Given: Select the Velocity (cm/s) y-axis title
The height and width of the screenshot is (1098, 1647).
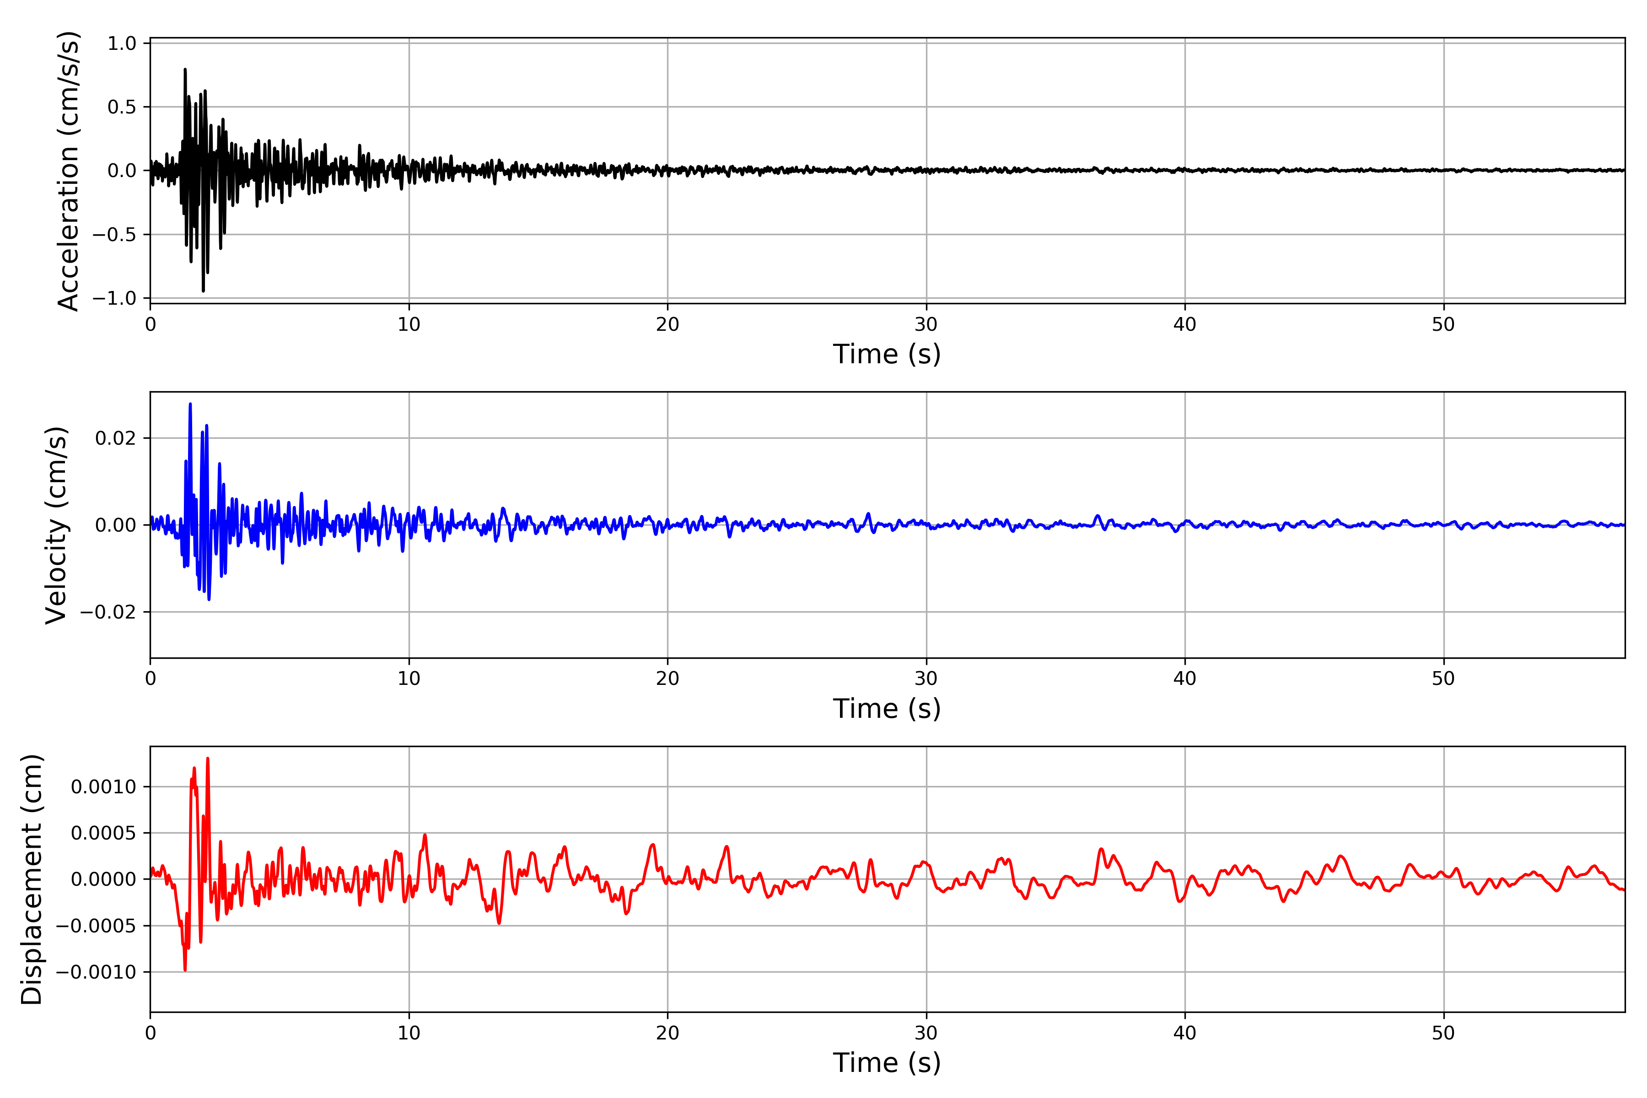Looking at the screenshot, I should tap(56, 525).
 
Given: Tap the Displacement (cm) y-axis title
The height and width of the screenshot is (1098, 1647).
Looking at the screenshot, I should tap(32, 879).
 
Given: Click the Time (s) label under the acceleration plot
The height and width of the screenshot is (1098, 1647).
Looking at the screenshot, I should tap(887, 354).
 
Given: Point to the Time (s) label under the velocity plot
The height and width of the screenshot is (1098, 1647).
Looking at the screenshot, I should tap(887, 709).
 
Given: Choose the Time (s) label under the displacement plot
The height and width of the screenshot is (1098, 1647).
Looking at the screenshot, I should tap(887, 1063).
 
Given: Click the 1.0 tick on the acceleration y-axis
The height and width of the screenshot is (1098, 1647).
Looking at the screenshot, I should tap(122, 43).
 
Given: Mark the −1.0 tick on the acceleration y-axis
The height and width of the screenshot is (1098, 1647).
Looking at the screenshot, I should tap(114, 298).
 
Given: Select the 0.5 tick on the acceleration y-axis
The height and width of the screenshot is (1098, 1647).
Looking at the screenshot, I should tap(122, 107).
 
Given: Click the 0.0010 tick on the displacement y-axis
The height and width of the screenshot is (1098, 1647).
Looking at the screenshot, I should tap(104, 787).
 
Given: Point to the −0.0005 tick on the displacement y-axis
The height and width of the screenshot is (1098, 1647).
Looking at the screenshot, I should tap(96, 926).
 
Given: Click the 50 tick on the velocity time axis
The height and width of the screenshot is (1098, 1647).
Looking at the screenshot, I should tap(1443, 678).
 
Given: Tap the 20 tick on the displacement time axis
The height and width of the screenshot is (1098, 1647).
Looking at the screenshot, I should tap(667, 1033).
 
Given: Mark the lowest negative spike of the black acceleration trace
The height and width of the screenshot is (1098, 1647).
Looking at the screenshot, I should tap(203, 291).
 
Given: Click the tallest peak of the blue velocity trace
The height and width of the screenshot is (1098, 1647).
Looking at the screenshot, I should tap(190, 404).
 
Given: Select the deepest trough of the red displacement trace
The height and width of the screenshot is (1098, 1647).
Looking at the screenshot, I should tap(185, 970).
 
